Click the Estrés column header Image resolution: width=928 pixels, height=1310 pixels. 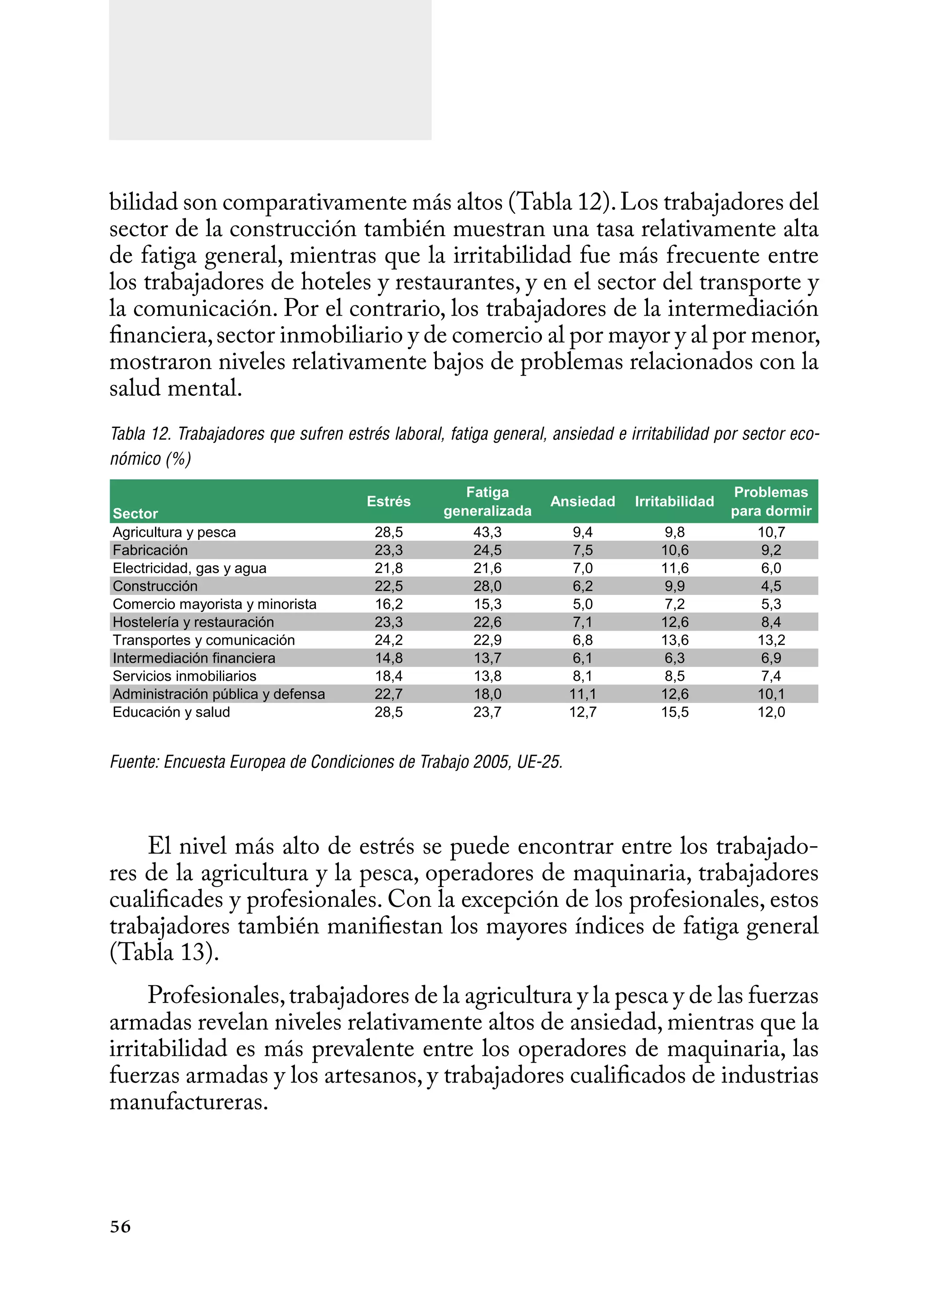coord(389,501)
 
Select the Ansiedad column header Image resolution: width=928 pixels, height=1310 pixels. coord(582,501)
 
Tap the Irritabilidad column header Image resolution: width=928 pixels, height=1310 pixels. coord(674,501)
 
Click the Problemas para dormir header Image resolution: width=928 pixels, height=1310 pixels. coord(771,501)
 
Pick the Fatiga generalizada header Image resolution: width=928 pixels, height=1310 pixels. coord(488,501)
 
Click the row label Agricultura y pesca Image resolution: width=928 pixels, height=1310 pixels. coord(174,532)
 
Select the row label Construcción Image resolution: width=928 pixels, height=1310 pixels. coord(155,586)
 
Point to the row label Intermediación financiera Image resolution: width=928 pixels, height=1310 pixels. coord(194,658)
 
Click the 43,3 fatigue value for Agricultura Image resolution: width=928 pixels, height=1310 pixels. coord(488,532)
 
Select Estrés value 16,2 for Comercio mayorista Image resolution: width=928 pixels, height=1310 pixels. coord(389,604)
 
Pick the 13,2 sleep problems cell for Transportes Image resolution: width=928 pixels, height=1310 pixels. coord(771,640)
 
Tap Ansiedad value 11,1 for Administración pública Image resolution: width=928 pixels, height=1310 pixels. coord(582,694)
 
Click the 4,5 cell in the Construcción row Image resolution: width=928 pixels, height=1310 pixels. coord(771,586)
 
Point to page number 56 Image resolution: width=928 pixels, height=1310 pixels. coord(120,1227)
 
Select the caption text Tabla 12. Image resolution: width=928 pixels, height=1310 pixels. coord(140,434)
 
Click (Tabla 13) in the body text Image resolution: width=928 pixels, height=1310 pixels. coord(164,952)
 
